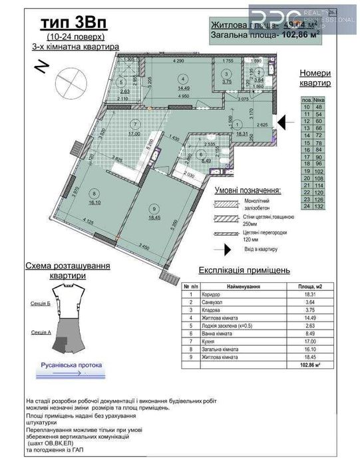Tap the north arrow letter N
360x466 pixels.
41,67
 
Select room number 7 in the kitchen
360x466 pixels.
135,123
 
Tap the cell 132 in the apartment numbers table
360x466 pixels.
320,206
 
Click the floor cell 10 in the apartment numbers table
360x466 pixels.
307,107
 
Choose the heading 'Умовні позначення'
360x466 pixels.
247,190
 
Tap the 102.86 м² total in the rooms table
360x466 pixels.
309,363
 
